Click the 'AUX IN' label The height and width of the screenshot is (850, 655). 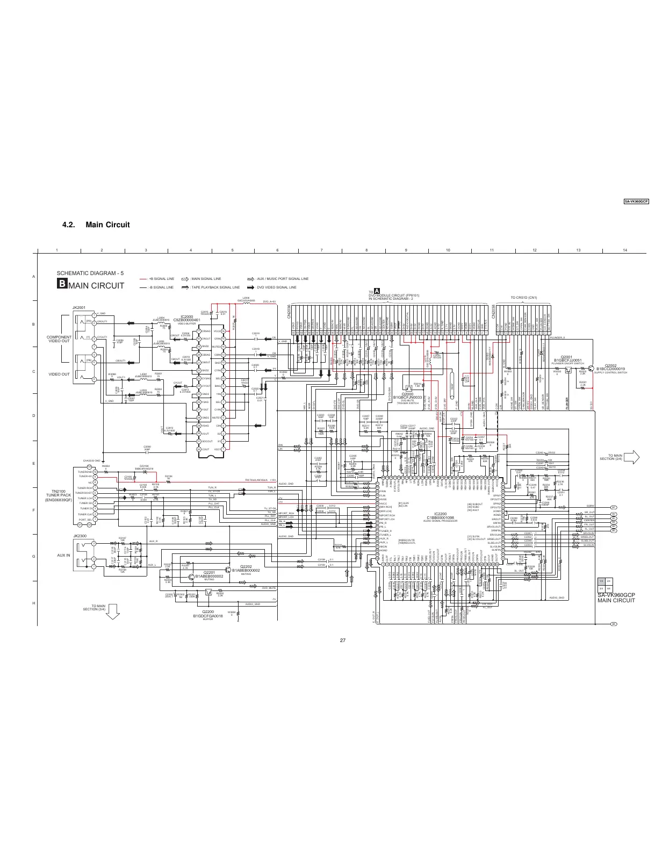63,555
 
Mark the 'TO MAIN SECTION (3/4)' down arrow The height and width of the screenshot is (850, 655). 113,611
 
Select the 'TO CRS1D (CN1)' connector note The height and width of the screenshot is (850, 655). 523,297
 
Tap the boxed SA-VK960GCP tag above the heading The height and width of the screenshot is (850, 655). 636,201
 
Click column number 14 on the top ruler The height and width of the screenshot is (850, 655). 625,250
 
